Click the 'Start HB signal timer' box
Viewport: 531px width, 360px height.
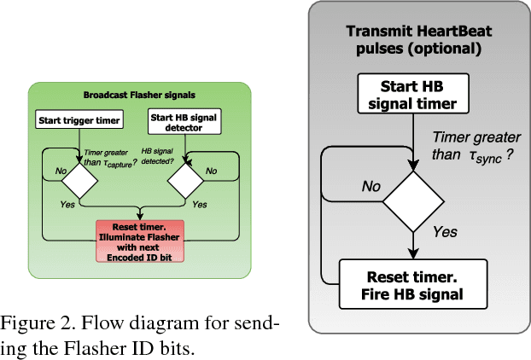pyautogui.click(x=413, y=95)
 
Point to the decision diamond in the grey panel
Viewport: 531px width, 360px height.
pyautogui.click(x=413, y=201)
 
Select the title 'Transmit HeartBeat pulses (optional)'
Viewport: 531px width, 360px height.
pyautogui.click(x=413, y=39)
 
